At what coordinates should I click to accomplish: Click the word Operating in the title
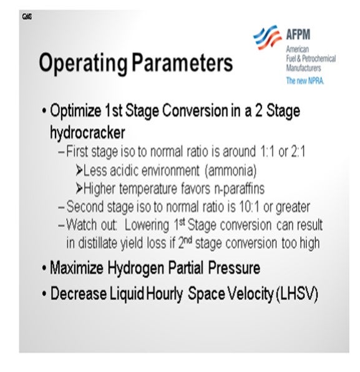coord(83,63)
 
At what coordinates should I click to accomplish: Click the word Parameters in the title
coord(182,62)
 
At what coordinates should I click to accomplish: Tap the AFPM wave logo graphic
coord(267,37)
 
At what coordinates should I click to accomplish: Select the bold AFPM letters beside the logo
coord(298,34)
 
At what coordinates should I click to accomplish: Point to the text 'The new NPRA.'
coord(304,81)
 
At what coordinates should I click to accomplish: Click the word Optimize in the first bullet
coord(75,111)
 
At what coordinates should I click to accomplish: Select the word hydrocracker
coord(87,132)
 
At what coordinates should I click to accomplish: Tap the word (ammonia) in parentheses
coord(230,170)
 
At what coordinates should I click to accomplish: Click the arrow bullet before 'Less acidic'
coord(79,170)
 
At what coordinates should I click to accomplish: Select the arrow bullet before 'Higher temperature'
coord(79,188)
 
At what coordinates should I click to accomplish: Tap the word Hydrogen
coord(136,268)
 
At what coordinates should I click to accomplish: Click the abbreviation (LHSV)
coord(297,294)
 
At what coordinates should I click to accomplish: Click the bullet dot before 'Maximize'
coord(44,268)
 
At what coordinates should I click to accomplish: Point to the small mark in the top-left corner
coord(27,17)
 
